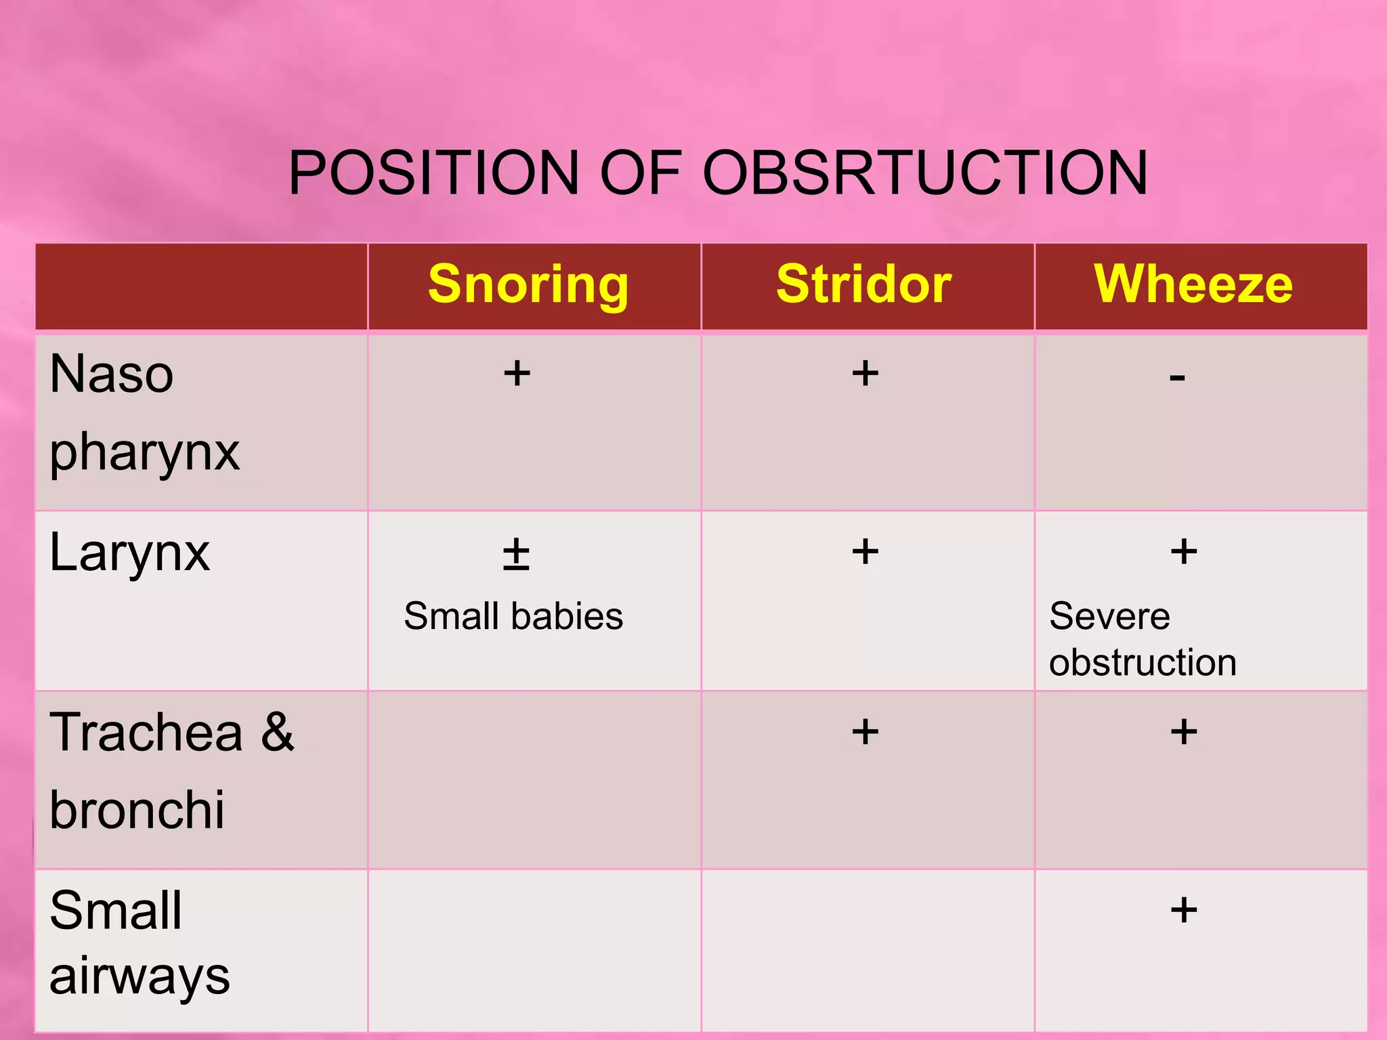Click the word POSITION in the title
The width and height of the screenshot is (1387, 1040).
click(434, 173)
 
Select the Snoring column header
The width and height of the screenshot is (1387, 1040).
click(528, 284)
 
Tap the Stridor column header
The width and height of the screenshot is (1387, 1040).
click(863, 284)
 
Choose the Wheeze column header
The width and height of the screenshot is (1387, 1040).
click(1193, 284)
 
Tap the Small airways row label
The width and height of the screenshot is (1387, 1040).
click(139, 942)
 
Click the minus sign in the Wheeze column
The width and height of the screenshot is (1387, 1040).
click(1177, 377)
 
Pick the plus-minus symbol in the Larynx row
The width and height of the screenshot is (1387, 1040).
click(516, 554)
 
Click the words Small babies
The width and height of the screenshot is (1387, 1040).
click(513, 616)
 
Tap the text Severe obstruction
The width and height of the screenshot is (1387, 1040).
click(1143, 639)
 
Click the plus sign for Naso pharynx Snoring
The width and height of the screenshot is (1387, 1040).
click(517, 373)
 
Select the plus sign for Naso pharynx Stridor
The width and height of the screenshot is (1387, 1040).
click(865, 373)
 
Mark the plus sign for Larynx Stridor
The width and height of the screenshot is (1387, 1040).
click(865, 551)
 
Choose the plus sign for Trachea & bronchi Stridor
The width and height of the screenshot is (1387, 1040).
click(865, 732)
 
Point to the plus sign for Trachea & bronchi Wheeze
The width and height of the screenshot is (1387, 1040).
click(1184, 732)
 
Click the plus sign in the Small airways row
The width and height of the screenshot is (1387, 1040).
click(1184, 909)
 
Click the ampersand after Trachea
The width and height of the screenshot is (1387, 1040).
click(278, 732)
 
